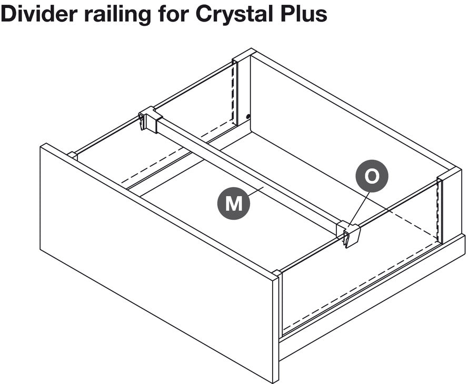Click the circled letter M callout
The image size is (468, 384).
233,204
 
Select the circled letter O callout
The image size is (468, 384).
372,176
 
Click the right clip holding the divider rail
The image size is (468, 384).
348,234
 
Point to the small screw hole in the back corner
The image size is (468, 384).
248,117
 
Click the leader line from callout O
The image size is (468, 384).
360,208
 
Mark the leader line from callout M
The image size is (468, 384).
256,191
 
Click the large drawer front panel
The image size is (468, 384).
157,262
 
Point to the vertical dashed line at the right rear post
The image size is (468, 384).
438,210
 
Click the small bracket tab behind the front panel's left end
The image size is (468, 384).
73,156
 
